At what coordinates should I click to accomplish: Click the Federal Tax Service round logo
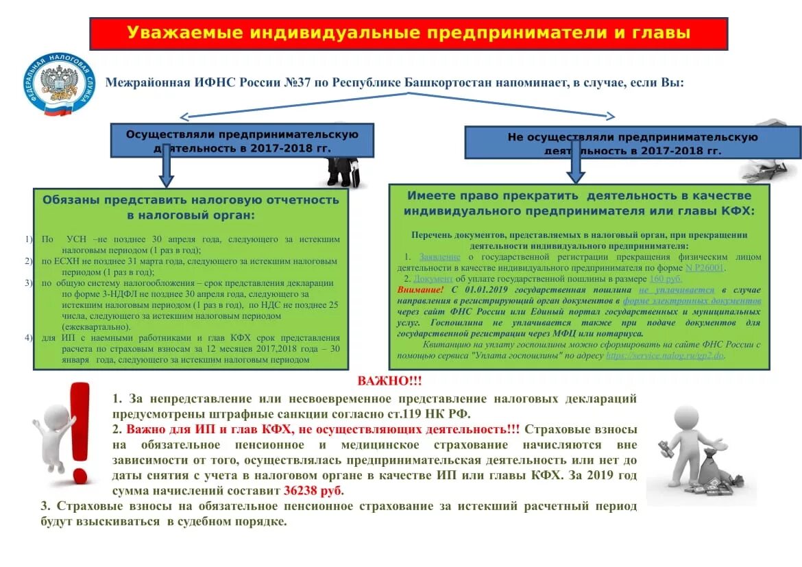pyautogui.click(x=60, y=84)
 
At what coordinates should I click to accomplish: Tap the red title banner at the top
pyautogui.click(x=409, y=34)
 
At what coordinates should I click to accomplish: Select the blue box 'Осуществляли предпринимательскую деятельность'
pyautogui.click(x=243, y=141)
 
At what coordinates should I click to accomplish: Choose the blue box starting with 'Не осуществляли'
pyautogui.click(x=632, y=143)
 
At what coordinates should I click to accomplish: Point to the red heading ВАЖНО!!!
pyautogui.click(x=389, y=381)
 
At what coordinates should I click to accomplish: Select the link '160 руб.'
pyautogui.click(x=666, y=279)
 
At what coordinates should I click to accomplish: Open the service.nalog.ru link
pyautogui.click(x=665, y=356)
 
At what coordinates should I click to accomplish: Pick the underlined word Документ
pyautogui.click(x=433, y=279)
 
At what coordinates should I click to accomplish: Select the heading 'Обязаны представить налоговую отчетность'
pyautogui.click(x=191, y=207)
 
